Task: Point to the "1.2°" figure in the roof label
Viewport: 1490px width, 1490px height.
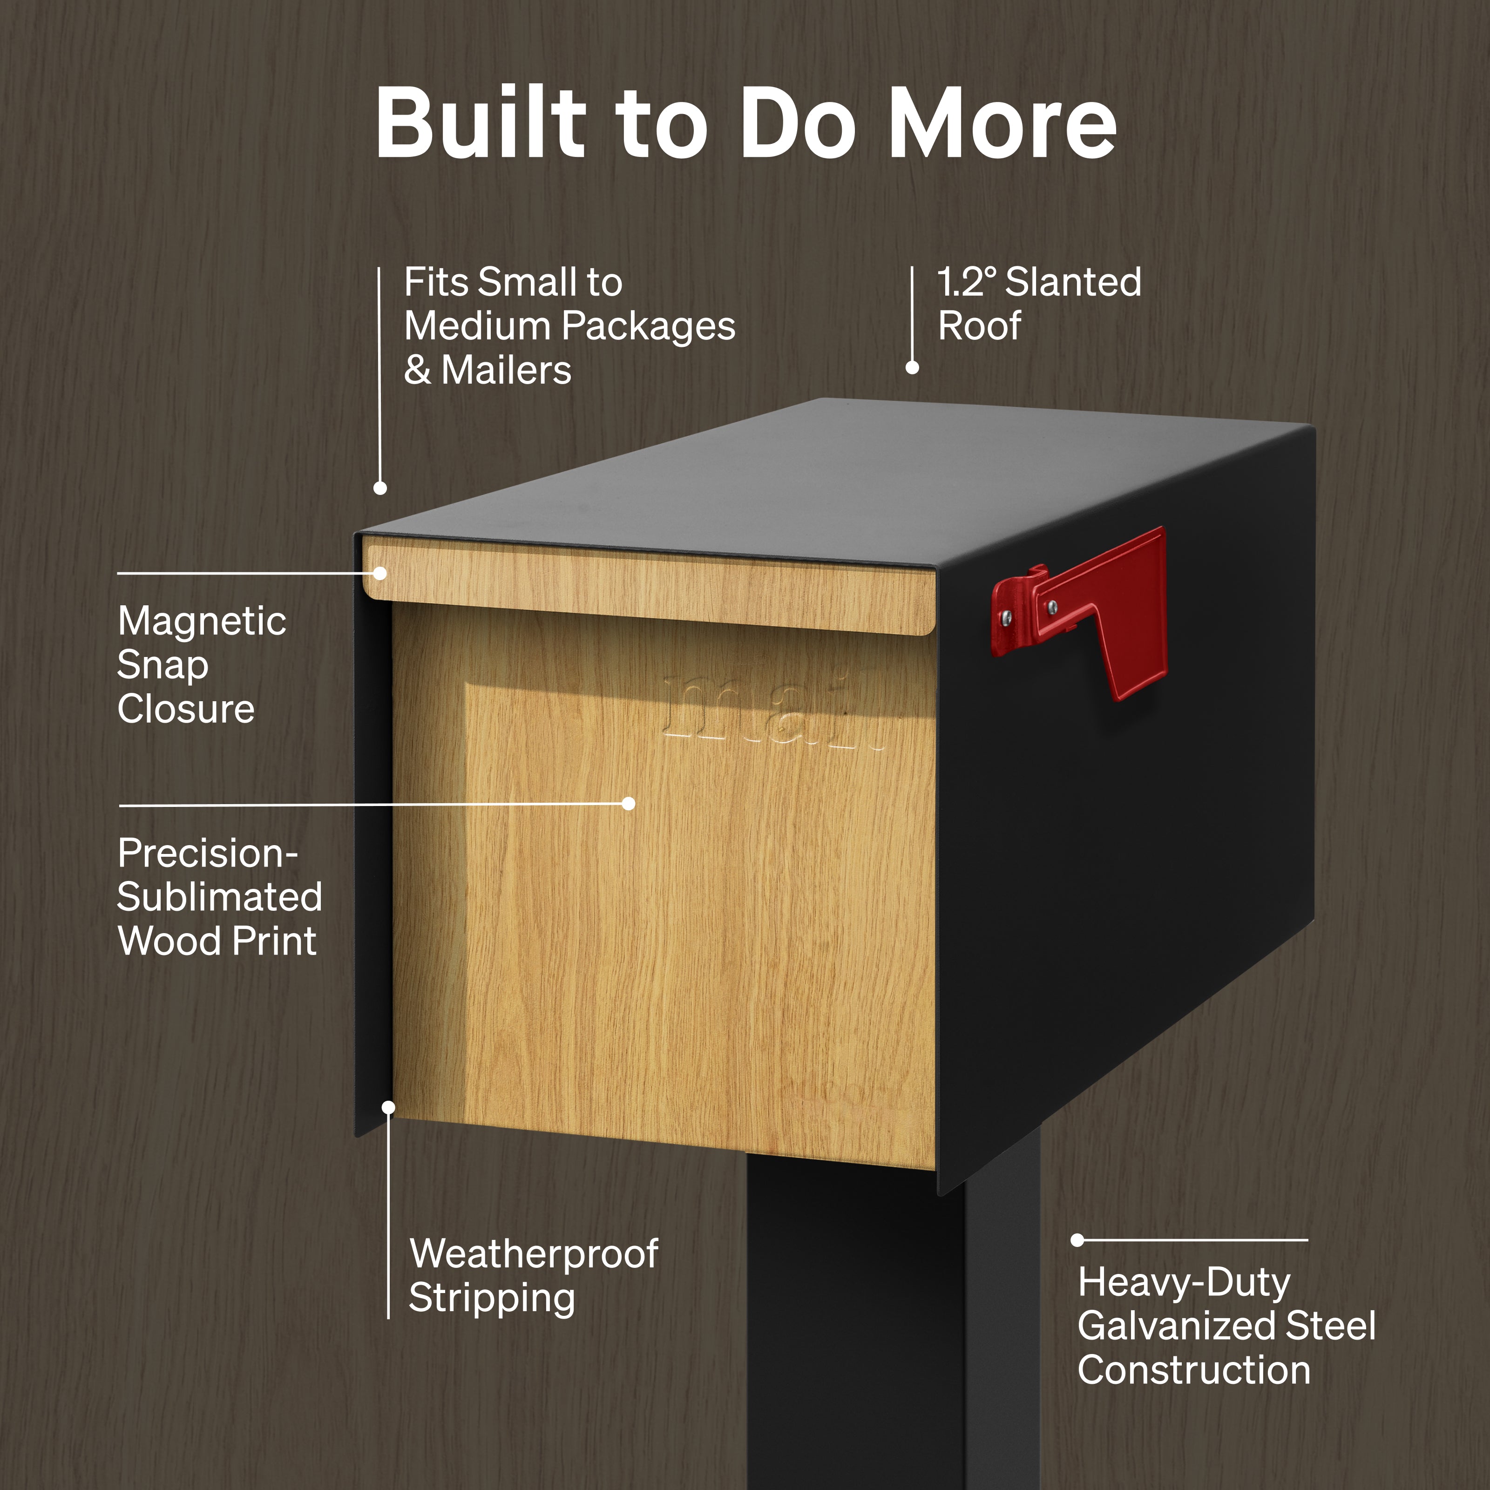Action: click(967, 282)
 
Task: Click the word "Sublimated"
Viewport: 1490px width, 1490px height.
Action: click(220, 896)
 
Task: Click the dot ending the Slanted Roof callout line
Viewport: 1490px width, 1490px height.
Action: click(912, 368)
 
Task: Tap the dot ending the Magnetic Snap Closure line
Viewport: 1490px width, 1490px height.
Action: click(380, 573)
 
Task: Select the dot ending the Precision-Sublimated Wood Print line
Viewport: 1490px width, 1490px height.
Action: click(629, 804)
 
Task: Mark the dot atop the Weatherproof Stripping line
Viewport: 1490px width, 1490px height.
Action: click(389, 1107)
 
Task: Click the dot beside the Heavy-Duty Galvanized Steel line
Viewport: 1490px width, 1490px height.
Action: click(1077, 1240)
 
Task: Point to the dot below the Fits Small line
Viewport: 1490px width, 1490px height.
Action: click(380, 488)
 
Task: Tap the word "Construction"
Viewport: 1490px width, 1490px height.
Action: click(1194, 1370)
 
